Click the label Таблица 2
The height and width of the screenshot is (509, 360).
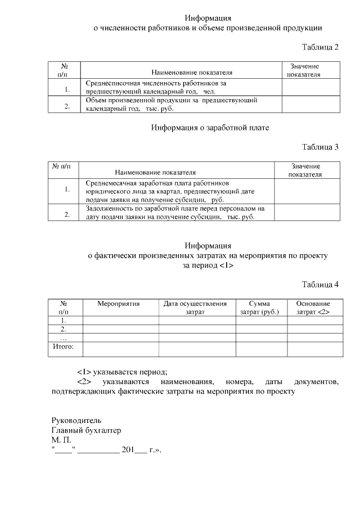point(320,47)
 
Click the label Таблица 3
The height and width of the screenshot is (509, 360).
point(320,147)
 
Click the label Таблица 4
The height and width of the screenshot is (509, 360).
point(320,284)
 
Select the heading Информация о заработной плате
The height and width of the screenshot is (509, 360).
point(210,128)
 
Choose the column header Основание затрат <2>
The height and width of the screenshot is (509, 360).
point(313,307)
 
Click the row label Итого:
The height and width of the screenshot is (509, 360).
point(64,347)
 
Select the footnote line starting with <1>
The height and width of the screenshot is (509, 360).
point(122,372)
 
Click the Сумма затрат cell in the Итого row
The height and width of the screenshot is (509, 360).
point(261,349)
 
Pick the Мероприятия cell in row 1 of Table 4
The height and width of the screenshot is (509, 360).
point(120,320)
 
